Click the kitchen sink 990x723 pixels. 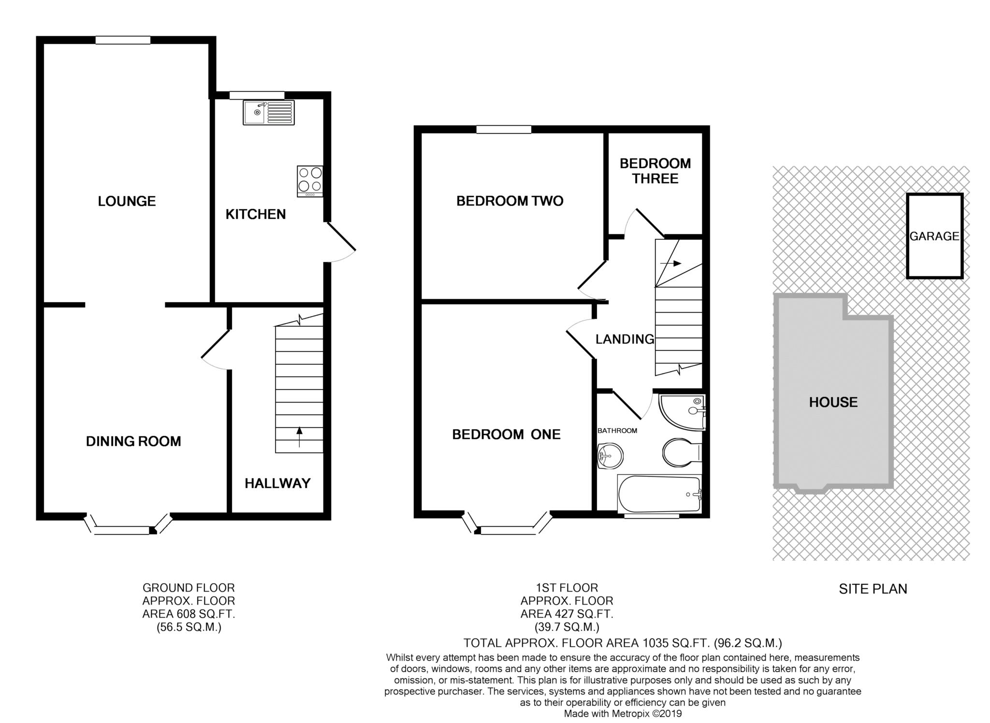pos(268,113)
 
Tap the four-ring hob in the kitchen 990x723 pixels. pos(310,181)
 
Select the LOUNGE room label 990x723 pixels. pos(127,201)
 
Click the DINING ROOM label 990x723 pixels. pos(133,441)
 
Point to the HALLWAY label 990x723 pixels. pos(277,483)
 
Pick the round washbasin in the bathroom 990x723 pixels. pos(610,456)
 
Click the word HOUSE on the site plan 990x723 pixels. pos(833,402)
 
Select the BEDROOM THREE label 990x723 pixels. pos(655,171)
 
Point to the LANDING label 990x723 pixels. pos(625,339)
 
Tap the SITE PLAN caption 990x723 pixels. pos(873,589)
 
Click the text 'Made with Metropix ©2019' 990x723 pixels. pos(623,713)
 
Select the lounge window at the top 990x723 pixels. pos(123,41)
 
